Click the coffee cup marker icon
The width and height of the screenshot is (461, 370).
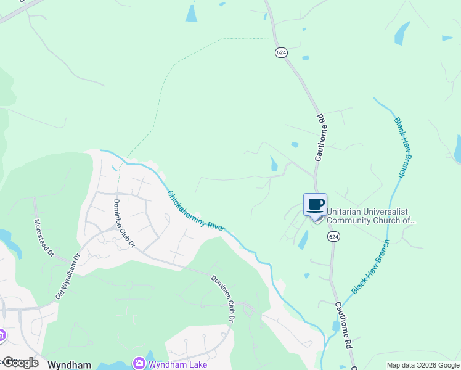[x=315, y=205]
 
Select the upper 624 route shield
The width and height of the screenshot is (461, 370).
[x=281, y=53]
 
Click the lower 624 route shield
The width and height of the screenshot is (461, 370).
[x=333, y=237]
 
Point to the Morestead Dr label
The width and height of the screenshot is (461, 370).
[x=44, y=238]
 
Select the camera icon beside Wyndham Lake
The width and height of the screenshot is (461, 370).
[x=139, y=364]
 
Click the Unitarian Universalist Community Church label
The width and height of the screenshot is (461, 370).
[x=371, y=216]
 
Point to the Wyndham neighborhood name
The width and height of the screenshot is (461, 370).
[x=70, y=364]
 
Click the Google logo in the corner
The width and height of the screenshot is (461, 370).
[x=20, y=363]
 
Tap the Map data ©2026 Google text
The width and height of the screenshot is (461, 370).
[x=423, y=365]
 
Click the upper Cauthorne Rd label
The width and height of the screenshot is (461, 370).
[x=320, y=138]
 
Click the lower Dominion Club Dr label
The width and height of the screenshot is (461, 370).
[x=223, y=298]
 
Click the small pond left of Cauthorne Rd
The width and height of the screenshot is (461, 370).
[x=274, y=163]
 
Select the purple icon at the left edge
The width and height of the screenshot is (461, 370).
[x=2, y=335]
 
